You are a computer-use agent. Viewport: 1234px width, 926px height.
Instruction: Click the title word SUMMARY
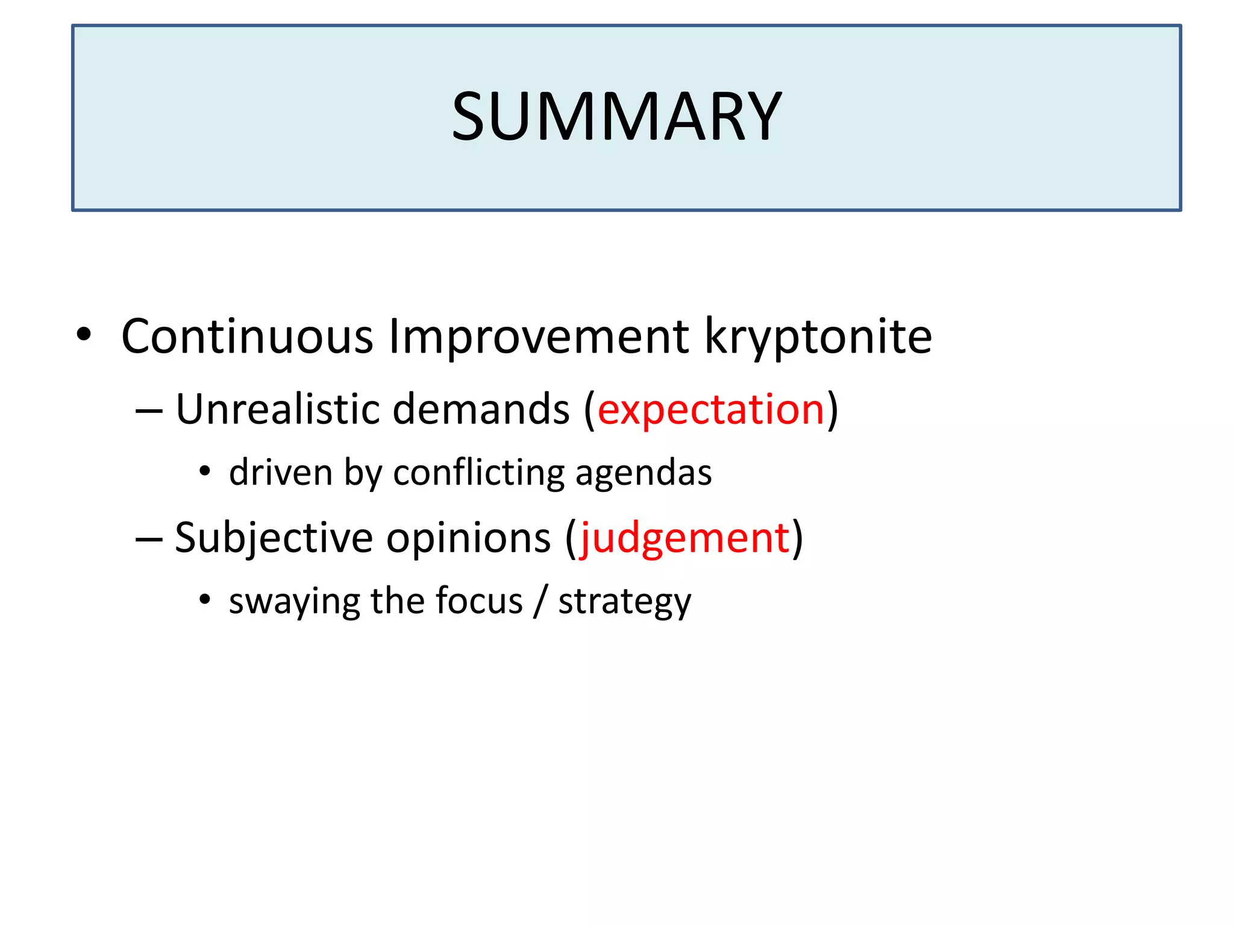coord(616,116)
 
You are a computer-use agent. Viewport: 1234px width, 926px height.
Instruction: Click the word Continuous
coord(247,336)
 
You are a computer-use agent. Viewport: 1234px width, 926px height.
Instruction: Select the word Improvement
coord(539,336)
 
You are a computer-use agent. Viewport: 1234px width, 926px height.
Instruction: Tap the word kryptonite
coord(818,336)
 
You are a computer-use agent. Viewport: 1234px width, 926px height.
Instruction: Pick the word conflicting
coord(479,472)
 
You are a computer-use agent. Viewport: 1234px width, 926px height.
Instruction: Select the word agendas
coord(644,473)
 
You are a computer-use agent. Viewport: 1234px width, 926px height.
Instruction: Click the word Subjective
coord(274,538)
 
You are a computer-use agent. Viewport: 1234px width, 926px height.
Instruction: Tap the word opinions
coord(468,538)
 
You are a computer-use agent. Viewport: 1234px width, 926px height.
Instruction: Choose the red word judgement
coord(684,538)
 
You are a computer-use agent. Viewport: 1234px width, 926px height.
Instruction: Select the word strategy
coord(625,602)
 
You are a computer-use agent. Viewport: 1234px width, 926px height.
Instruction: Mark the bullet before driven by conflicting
coord(205,472)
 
